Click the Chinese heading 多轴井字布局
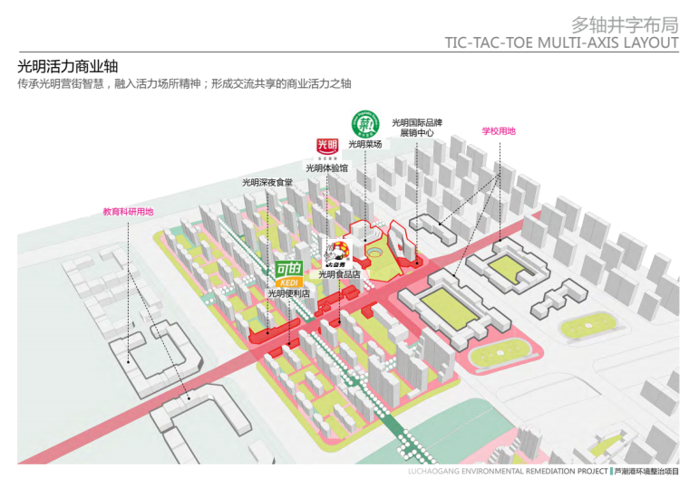point(625,24)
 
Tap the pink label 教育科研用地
point(128,212)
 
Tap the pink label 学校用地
point(498,131)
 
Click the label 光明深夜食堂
point(267,183)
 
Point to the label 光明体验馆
point(326,167)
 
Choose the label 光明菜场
point(365,144)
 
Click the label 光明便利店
point(288,293)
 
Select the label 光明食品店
point(339,274)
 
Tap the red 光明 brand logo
point(326,147)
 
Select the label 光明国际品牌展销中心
point(417,128)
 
